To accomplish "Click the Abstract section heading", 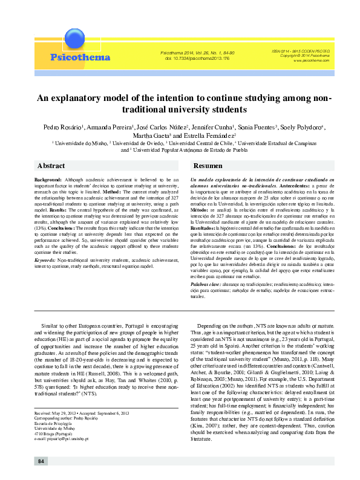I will (x=51, y=166).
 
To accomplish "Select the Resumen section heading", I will (x=208, y=166).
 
